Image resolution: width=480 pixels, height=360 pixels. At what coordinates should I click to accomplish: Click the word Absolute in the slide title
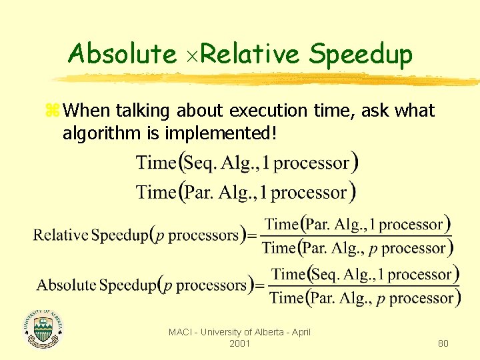(x=122, y=53)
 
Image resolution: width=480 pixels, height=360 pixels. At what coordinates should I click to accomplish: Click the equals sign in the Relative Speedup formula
(x=251, y=235)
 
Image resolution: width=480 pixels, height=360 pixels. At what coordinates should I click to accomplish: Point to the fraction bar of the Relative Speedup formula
(x=357, y=236)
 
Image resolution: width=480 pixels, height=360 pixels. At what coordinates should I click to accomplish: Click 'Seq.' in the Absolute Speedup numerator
(x=327, y=274)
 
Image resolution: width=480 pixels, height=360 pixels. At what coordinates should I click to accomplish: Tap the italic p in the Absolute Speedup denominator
(x=381, y=299)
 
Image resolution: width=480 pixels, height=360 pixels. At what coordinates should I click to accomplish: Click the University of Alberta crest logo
(x=43, y=328)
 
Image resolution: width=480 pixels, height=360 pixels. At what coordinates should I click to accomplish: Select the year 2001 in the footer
(x=239, y=343)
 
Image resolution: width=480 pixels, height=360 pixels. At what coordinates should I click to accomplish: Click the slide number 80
(x=443, y=343)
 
